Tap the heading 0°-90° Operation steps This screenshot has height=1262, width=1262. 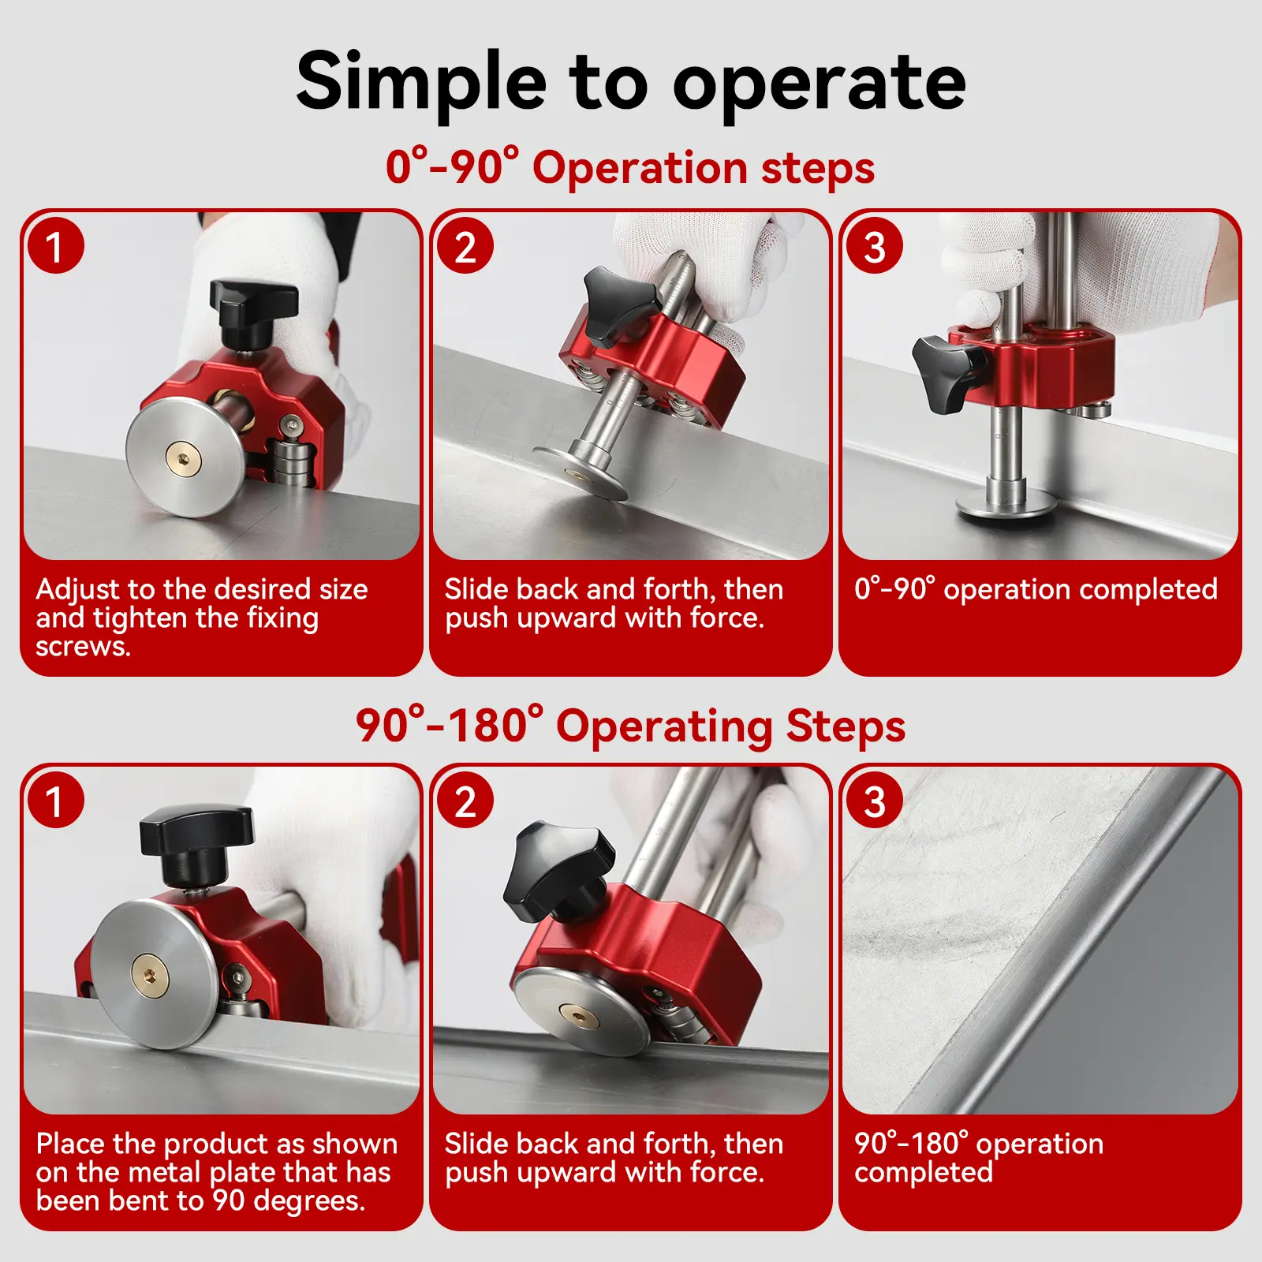630,167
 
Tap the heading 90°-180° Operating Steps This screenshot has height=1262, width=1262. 630,725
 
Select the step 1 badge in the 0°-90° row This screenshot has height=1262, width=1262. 55,246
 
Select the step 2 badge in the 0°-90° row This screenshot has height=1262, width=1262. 465,246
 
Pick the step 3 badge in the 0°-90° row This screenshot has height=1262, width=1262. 875,246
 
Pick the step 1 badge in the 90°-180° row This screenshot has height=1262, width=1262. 55,801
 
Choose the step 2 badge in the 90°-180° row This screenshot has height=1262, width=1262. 465,801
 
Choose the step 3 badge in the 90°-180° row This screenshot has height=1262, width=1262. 875,801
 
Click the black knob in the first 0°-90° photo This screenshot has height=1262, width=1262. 252,312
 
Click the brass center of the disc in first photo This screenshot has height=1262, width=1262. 184,458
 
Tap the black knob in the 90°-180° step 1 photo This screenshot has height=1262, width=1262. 196,844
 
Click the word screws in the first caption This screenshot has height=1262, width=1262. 83,647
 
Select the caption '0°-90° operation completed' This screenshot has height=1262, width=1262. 1036,589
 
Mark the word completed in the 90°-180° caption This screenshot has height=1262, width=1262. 924,1173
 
